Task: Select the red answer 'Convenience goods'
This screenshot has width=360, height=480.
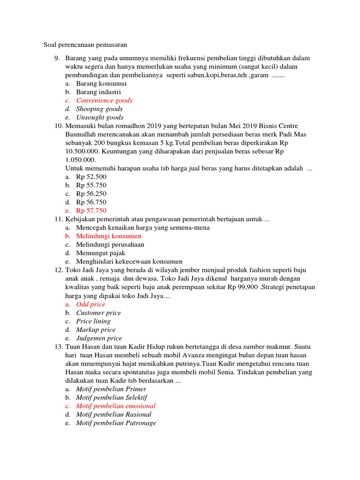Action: coord(104,100)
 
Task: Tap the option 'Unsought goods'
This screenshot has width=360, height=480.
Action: coord(100,117)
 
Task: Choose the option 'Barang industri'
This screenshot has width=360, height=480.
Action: coord(98,92)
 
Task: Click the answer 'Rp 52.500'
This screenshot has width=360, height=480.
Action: coord(91,177)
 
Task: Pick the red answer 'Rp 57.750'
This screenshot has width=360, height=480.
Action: coord(91,210)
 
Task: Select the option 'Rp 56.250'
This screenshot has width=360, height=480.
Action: coord(91,194)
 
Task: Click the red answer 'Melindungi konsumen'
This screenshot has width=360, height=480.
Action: coord(109,236)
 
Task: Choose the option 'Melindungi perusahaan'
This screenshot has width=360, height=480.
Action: coord(110,244)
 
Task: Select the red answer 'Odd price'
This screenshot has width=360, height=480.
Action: coord(91,304)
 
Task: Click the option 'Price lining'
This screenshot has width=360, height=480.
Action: coord(93,321)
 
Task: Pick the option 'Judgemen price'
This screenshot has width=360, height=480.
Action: coord(99,338)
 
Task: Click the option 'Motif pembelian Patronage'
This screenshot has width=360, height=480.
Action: coord(116,423)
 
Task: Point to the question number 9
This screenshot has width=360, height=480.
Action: coord(57,58)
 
